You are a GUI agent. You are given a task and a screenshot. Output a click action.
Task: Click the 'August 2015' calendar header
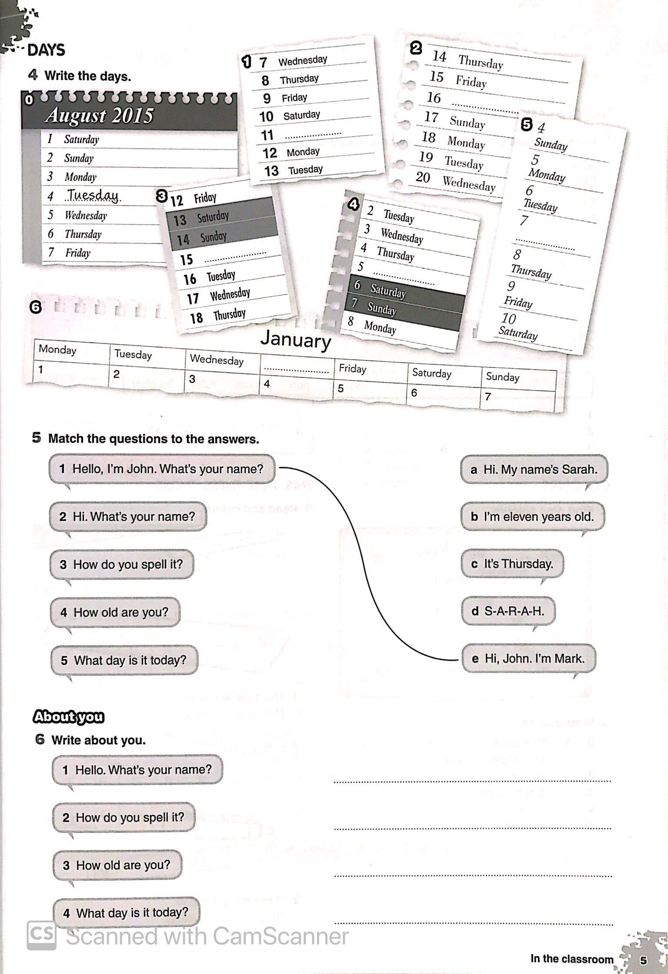click(100, 116)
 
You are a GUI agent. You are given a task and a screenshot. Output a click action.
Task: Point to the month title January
click(296, 340)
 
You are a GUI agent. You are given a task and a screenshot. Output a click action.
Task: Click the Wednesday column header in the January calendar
click(217, 360)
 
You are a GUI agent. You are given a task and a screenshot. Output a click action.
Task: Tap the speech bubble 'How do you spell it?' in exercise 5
click(122, 564)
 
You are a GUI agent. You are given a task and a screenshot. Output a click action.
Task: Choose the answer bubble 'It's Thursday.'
click(512, 564)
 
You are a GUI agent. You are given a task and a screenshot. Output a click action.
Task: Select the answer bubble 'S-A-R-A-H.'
click(508, 611)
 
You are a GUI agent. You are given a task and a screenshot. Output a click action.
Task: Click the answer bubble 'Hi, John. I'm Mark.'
click(528, 658)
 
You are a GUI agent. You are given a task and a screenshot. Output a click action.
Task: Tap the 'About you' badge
click(69, 717)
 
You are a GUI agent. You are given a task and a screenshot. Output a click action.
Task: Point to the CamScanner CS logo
click(41, 935)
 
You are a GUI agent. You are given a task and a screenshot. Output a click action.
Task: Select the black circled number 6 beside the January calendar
click(36, 307)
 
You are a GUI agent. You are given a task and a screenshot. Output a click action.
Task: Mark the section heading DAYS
click(46, 50)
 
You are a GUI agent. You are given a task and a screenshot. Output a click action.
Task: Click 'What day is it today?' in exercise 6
click(126, 912)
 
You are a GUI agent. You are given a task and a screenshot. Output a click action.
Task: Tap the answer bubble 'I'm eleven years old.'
click(533, 517)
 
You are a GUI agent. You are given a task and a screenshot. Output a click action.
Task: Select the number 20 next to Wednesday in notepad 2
click(423, 177)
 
